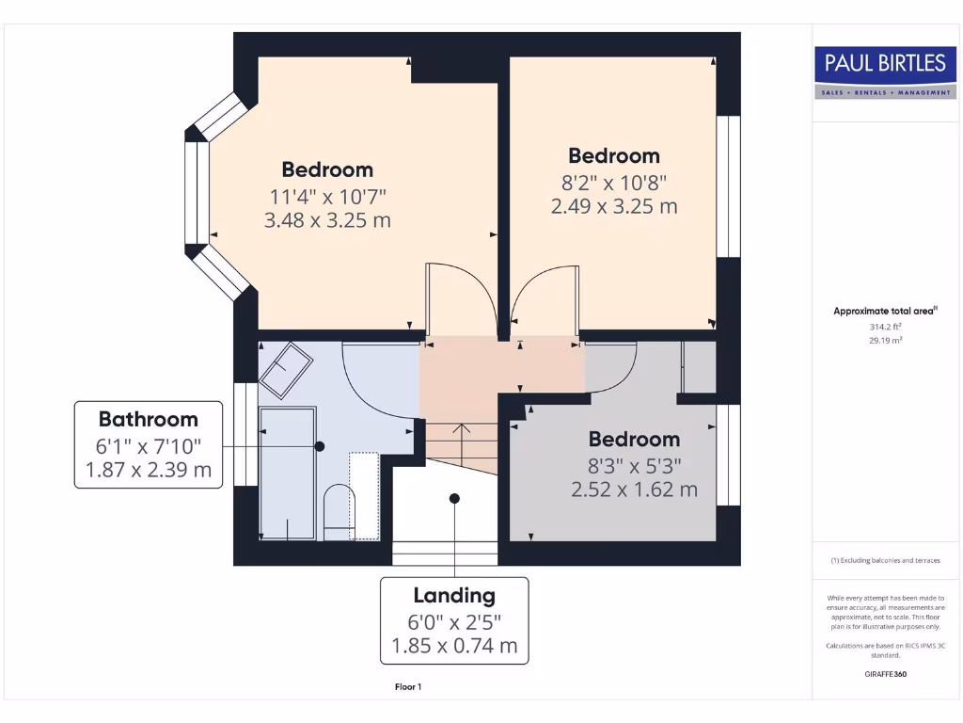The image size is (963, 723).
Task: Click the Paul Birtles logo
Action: click(x=885, y=72)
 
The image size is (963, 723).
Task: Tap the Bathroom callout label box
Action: click(x=149, y=444)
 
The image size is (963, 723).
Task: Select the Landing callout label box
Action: click(x=454, y=620)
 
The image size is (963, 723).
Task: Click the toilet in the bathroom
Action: click(x=337, y=512)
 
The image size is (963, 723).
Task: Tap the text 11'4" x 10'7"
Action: click(x=327, y=196)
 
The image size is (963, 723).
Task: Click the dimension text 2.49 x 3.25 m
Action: click(x=613, y=206)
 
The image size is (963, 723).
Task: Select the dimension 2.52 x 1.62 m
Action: click(x=634, y=490)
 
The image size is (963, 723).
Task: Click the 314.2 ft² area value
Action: click(x=885, y=327)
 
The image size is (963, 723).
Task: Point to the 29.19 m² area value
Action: click(x=885, y=341)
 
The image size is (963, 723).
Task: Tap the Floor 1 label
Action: click(x=408, y=687)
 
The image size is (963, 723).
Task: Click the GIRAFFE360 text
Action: click(x=885, y=674)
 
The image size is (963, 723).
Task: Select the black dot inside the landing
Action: click(x=454, y=499)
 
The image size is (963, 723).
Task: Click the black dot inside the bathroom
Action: click(x=320, y=446)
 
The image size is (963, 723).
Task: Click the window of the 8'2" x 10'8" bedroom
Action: click(x=729, y=186)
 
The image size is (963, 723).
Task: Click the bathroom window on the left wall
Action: click(x=243, y=434)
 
